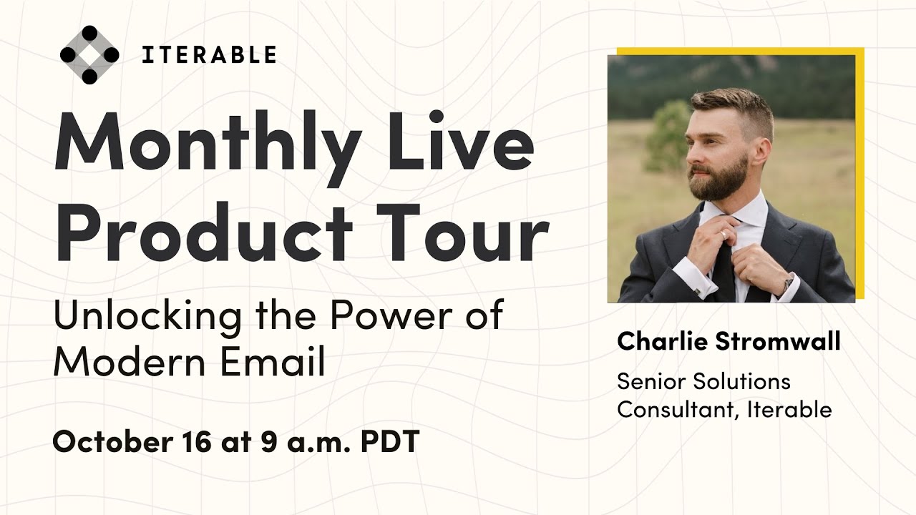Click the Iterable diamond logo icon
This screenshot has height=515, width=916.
coord(89,55)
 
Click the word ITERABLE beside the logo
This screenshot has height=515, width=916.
coord(208,55)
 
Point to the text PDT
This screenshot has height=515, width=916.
coord(389,442)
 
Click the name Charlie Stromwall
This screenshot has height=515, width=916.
coord(729,341)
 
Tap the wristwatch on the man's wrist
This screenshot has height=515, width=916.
coord(788,283)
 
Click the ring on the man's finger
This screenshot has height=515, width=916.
coord(724,234)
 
